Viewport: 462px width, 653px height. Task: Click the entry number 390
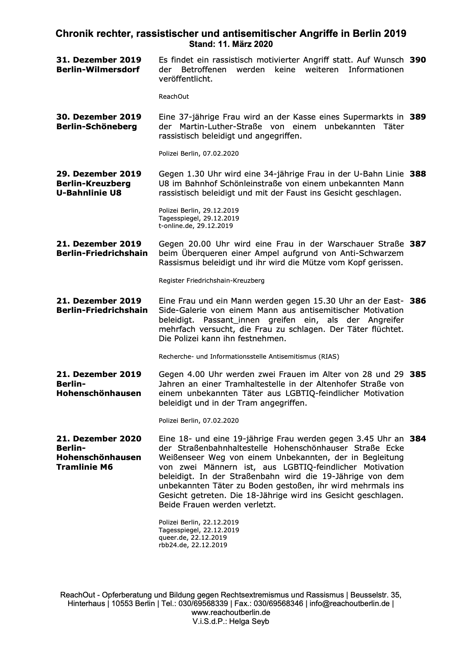(418, 60)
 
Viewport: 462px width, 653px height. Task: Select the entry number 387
(418, 244)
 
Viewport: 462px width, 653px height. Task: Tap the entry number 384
(418, 439)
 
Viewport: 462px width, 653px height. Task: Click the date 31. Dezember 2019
(99, 60)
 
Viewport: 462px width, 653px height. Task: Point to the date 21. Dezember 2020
(99, 439)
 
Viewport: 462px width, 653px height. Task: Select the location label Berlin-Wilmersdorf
(98, 70)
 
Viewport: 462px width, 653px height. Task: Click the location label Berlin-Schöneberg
(96, 127)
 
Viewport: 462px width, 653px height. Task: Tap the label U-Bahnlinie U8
(89, 193)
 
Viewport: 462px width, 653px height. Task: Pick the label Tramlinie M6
(85, 467)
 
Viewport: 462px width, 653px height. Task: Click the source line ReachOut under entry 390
(174, 97)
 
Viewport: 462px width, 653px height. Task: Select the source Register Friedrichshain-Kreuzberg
(212, 280)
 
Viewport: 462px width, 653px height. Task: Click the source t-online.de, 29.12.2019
(196, 226)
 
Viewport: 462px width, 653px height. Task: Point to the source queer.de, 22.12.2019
(193, 538)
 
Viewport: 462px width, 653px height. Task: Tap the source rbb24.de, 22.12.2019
(193, 545)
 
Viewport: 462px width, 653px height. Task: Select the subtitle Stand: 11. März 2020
(231, 44)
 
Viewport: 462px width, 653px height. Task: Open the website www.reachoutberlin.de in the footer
(231, 612)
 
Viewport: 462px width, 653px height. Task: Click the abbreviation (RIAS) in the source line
(328, 356)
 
